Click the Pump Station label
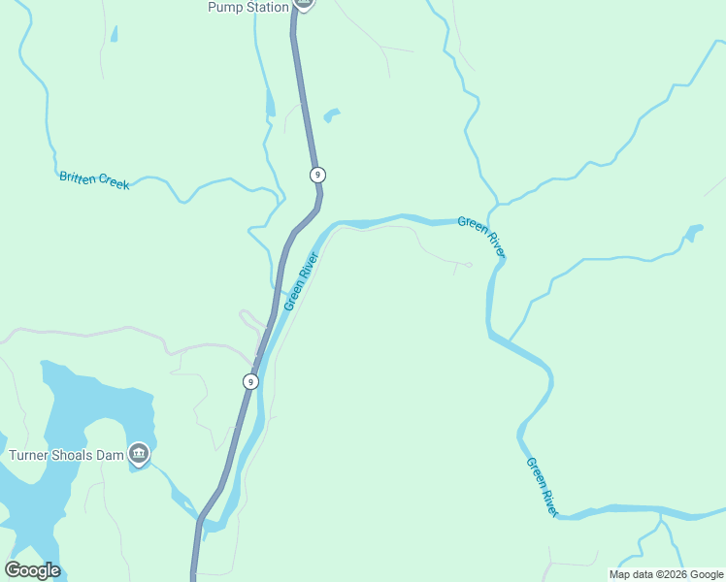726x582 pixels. pos(248,8)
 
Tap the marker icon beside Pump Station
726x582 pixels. pos(304,4)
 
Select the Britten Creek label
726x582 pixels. pos(94,179)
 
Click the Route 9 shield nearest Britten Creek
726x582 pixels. pos(317,175)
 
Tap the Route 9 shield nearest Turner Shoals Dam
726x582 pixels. pos(250,381)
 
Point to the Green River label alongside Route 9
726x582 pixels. pos(301,281)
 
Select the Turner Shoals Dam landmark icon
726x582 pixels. pos(139,453)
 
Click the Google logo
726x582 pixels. pos(32,570)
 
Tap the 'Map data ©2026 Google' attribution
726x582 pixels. pos(667,574)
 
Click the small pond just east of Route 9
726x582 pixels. pos(331,115)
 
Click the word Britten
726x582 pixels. pos(79,178)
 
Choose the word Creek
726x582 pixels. pos(114,182)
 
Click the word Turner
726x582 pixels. pos(31,455)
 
